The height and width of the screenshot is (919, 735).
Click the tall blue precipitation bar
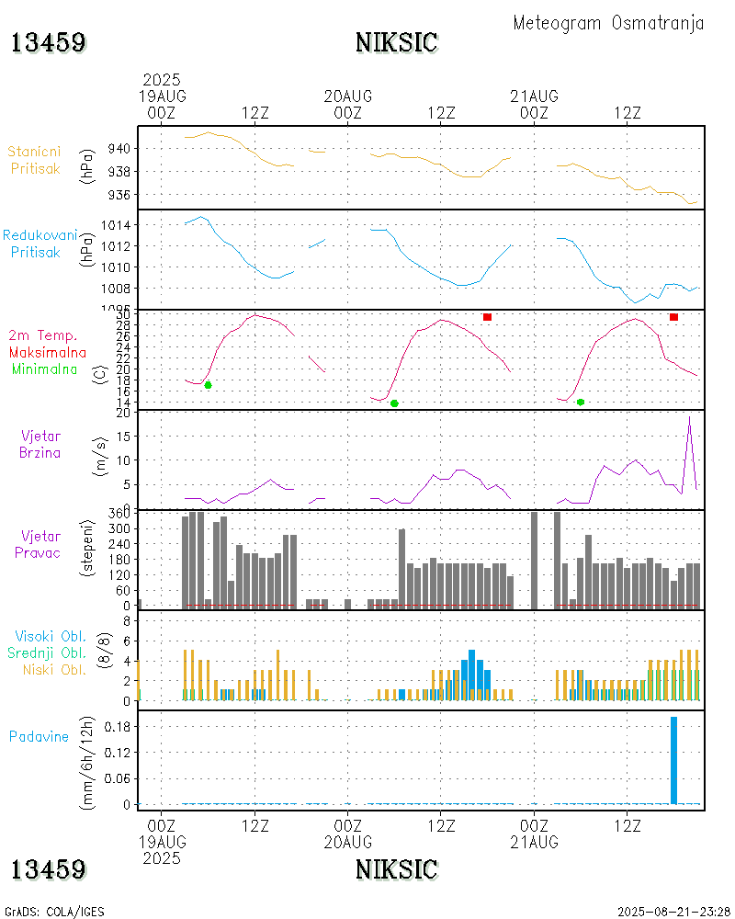coord(674,760)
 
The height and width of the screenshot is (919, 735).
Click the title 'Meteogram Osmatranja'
coord(608,23)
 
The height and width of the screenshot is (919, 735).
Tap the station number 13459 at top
coord(49,42)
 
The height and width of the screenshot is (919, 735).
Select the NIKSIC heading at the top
coord(396,42)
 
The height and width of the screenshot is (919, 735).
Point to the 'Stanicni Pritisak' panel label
coord(37,159)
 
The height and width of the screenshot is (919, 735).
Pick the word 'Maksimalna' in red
coord(48,352)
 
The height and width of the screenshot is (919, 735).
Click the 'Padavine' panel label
coord(39,736)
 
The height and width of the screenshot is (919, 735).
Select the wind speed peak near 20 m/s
coord(689,417)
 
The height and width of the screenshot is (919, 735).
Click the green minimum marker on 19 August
coord(208,385)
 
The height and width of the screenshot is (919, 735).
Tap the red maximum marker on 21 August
coord(673,317)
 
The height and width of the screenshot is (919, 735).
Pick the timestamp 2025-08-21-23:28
coord(673,912)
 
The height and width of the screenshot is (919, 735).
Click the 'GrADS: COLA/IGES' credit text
coord(54,912)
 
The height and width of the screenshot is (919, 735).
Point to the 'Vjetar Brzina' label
coord(41,444)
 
